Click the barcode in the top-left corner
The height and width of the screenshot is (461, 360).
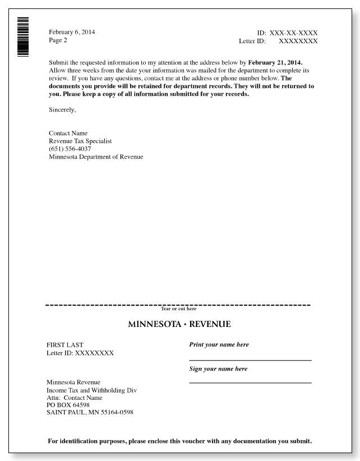[23, 37]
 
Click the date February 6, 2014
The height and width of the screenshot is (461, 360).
[72, 32]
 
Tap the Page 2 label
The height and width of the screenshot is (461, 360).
[58, 40]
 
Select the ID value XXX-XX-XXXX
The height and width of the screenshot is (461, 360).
[293, 33]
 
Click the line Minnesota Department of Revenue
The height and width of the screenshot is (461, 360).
[96, 157]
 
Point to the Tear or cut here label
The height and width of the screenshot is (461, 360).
[178, 308]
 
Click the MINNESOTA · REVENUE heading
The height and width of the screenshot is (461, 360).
[179, 325]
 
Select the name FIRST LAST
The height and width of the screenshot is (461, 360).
[64, 345]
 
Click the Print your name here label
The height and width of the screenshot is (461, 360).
[219, 344]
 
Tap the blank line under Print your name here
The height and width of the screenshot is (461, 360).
[250, 359]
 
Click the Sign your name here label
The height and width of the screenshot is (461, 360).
[218, 368]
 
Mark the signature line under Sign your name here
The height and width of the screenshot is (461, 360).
[250, 382]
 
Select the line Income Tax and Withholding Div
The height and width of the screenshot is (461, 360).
[91, 390]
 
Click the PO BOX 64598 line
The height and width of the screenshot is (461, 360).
[67, 405]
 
